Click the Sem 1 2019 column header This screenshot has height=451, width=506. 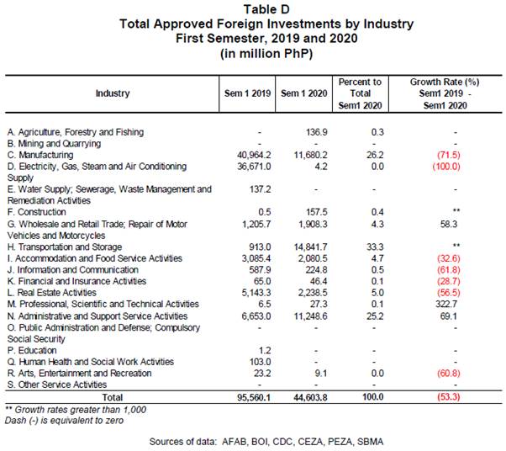247,93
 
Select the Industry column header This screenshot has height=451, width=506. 113,93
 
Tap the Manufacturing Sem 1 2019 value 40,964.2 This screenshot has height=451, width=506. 254,155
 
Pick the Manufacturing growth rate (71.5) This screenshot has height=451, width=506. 449,155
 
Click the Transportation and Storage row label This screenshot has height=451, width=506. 65,247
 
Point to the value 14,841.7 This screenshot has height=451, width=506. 310,247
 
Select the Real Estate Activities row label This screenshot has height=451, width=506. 52,293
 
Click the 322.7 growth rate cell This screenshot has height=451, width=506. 449,305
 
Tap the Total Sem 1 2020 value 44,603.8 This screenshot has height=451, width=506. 310,397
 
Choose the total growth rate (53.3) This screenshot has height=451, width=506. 449,396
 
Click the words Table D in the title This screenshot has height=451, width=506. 266,9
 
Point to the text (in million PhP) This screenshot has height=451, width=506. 266,53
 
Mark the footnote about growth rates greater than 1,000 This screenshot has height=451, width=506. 76,410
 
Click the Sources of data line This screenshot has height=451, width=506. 266,442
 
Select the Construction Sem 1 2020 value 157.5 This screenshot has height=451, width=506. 317,212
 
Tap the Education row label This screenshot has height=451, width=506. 32,351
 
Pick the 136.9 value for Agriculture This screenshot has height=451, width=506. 317,132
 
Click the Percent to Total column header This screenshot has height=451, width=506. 360,93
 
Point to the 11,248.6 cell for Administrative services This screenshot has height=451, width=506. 310,316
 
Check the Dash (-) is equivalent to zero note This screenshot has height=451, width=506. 64,421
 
